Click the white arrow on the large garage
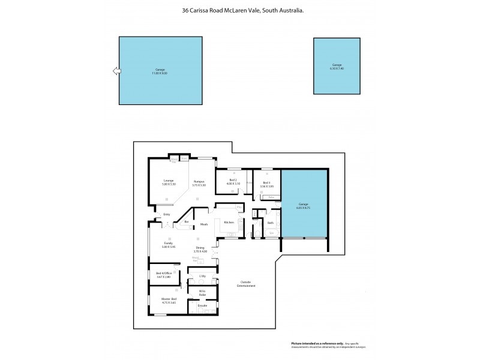[x=116, y=71]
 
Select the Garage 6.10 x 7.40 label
[x=337, y=66]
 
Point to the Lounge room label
[x=168, y=182]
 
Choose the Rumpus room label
[x=199, y=182]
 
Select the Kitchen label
[x=228, y=223]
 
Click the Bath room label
[x=271, y=223]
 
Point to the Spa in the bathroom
[x=271, y=233]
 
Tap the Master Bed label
[x=169, y=300]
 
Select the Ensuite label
[x=202, y=305]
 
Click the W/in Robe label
[x=202, y=292]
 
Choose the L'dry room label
[x=202, y=276]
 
